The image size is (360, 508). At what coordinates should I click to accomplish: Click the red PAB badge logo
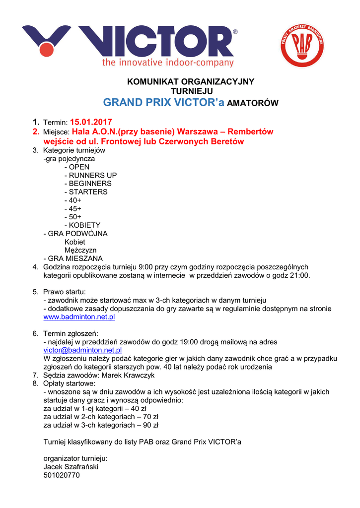(302, 46)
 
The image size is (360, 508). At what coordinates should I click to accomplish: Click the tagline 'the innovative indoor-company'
(168, 63)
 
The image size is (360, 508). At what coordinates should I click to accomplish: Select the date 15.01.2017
(91, 122)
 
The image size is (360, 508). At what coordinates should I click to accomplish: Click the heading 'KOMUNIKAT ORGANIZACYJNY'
(191, 81)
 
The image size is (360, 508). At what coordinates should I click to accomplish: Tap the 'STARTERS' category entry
(88, 191)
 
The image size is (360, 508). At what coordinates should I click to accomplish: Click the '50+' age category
(75, 217)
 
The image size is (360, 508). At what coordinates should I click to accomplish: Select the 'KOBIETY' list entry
(84, 225)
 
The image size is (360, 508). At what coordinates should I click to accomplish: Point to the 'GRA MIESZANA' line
(73, 258)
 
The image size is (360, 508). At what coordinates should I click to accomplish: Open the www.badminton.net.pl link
(79, 317)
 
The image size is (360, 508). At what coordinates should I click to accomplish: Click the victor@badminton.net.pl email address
(82, 350)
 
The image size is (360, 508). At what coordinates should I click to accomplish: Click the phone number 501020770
(62, 475)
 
